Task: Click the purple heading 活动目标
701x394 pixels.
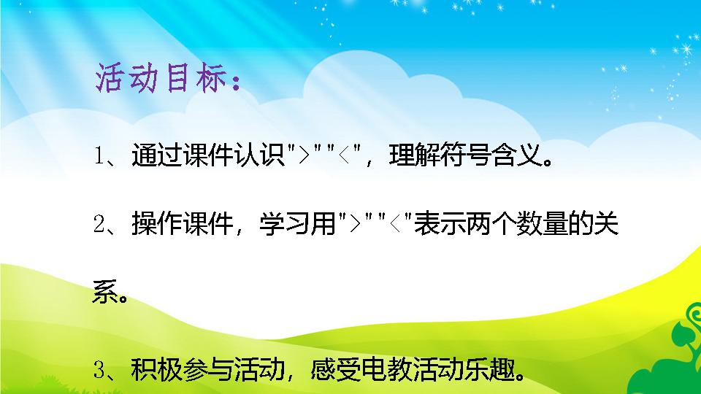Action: pos(168,78)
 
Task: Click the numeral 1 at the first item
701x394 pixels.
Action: pos(99,155)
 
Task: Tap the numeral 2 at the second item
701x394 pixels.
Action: pos(99,224)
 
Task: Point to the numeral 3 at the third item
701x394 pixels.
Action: pos(99,370)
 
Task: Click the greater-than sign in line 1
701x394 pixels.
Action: pos(304,156)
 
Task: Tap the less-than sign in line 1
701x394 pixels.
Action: pos(344,156)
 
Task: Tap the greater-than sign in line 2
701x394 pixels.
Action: pos(355,224)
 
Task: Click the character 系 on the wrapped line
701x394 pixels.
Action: pos(105,292)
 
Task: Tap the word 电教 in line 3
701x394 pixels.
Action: pos(387,369)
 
